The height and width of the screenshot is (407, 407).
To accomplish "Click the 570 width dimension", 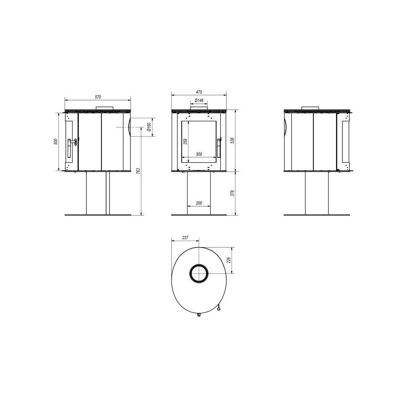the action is coord(98,97).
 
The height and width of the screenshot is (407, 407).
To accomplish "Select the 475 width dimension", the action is coord(199,92).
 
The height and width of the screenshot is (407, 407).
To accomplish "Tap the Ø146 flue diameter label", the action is coord(199,100).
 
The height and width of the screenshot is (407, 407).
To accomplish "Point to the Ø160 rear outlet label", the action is coord(149,127).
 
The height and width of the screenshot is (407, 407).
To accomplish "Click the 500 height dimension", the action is coord(55,142).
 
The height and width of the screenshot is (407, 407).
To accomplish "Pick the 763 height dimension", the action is coord(138,171).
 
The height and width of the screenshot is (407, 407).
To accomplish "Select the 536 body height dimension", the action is coord(232,141).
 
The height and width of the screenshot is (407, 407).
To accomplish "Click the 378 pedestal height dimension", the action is coord(232,193).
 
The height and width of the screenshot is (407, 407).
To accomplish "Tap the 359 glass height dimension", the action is coord(185,142).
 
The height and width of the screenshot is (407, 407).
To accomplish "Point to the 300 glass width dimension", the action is coord(199,154).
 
